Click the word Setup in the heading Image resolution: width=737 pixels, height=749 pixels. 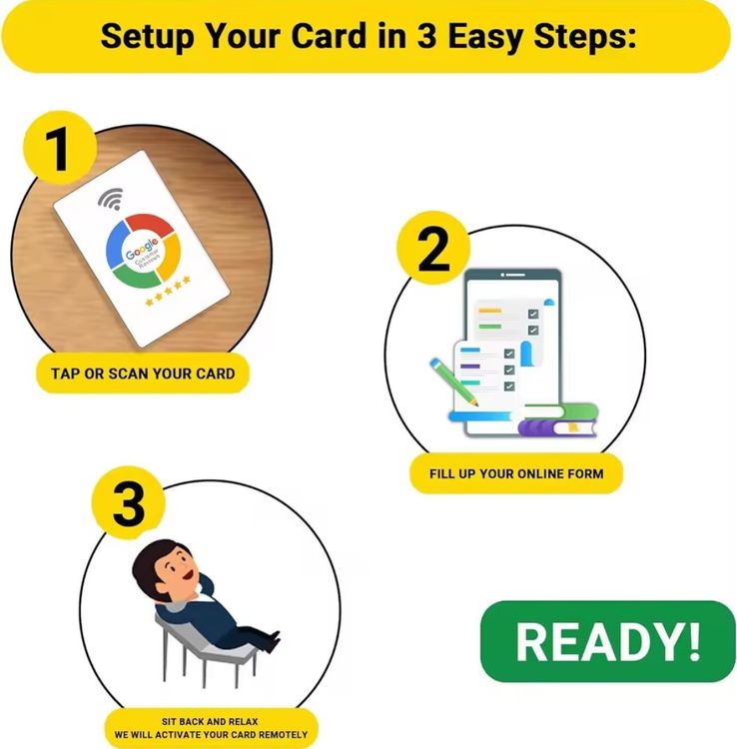tap(148, 36)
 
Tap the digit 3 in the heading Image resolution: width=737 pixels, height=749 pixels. tap(426, 35)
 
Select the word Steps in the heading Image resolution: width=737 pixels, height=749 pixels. tap(585, 37)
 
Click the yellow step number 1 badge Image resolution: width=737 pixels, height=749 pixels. tap(59, 148)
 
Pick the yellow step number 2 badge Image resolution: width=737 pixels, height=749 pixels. tap(433, 248)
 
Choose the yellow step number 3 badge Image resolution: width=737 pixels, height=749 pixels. tap(129, 503)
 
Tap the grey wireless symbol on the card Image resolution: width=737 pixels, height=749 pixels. tap(111, 199)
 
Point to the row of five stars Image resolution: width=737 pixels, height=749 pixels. tap(168, 291)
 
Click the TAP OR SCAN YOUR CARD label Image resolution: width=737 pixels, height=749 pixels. tap(143, 374)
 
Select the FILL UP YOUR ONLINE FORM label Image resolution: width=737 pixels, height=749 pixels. tap(516, 473)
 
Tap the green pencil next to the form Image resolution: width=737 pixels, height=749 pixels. tap(453, 382)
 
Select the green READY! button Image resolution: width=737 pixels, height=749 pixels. tap(608, 641)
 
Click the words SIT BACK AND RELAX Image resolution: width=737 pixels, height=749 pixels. tap(210, 721)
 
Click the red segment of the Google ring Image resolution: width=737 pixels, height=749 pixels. tap(149, 222)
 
